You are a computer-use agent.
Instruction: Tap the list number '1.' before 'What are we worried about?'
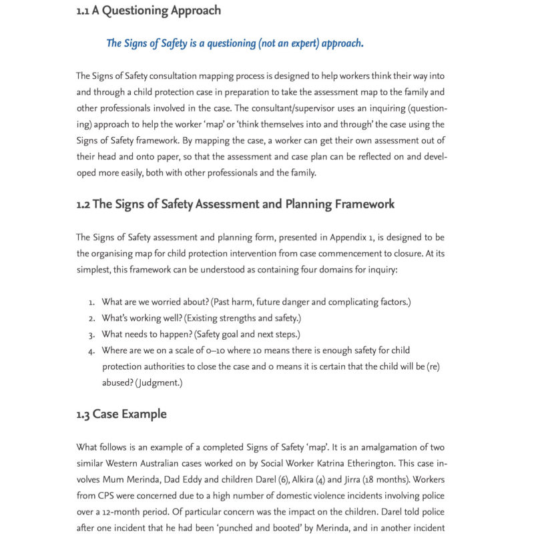pyautogui.click(x=91, y=302)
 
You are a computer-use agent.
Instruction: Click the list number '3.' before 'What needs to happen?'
pyautogui.click(x=91, y=334)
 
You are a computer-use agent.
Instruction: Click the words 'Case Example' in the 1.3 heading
pyautogui.click(x=129, y=414)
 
